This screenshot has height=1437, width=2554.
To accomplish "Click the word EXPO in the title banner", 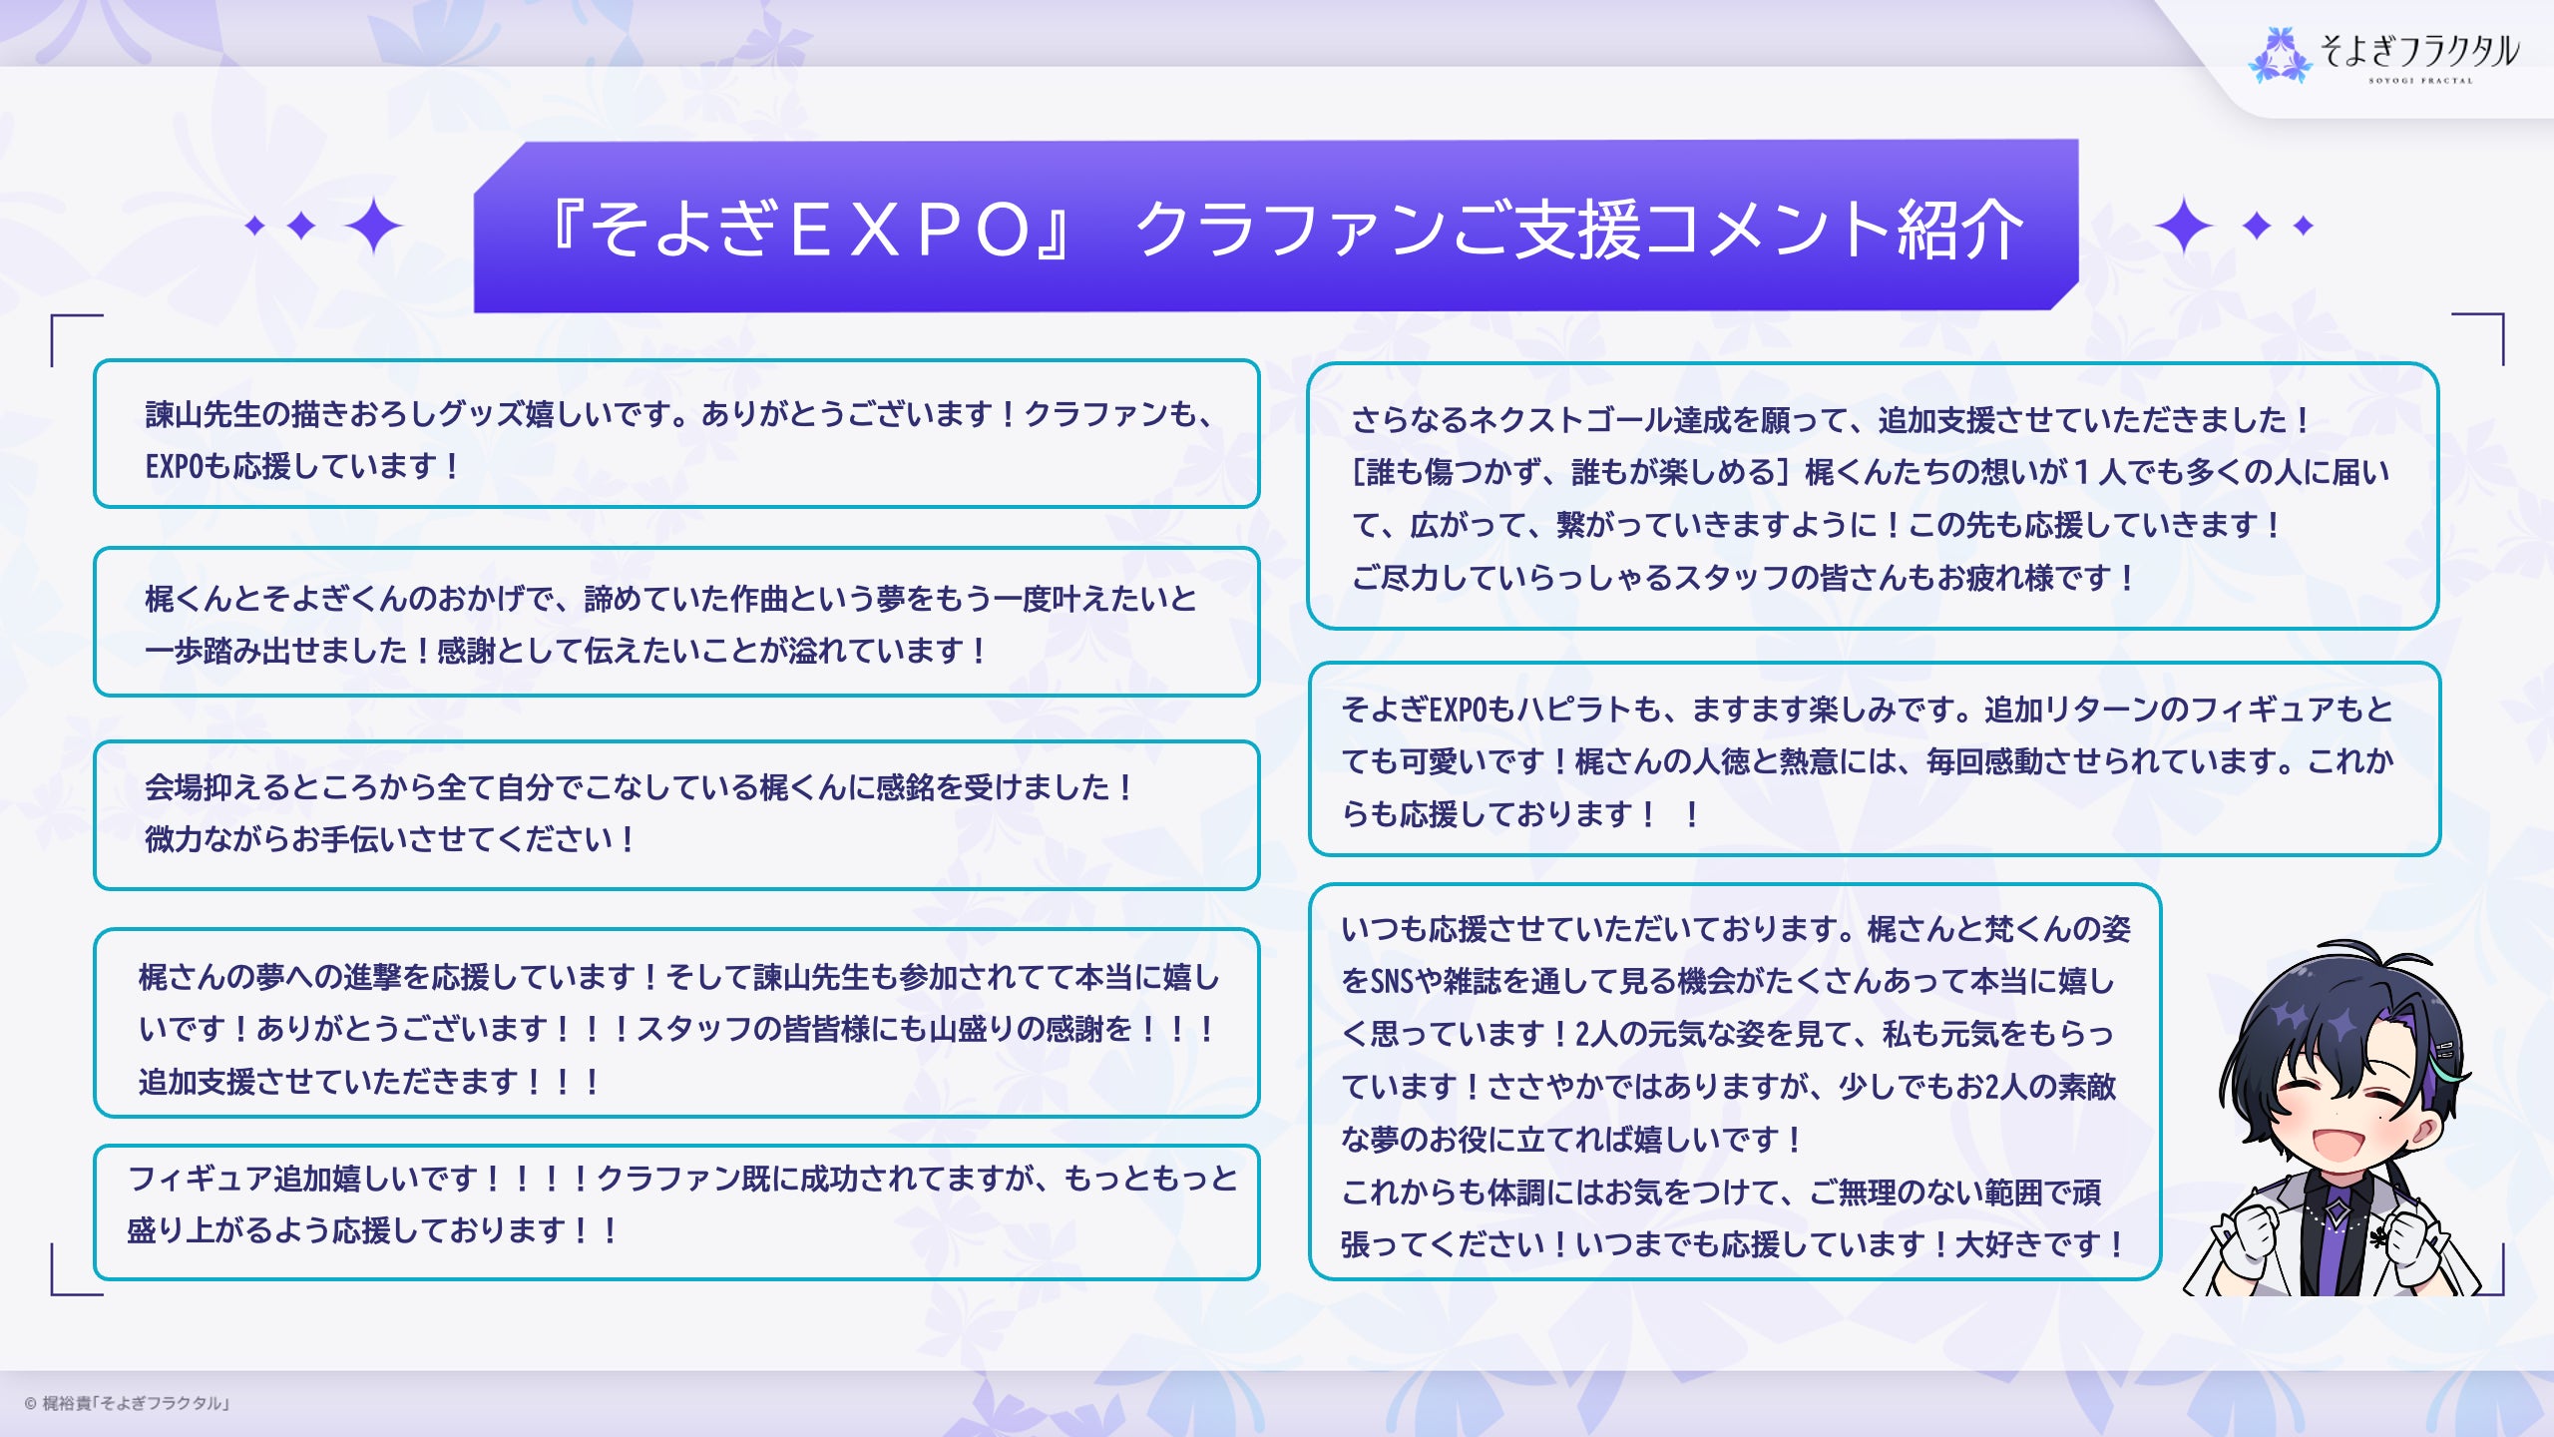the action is click(910, 230).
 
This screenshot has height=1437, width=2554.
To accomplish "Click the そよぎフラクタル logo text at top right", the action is click(2419, 51).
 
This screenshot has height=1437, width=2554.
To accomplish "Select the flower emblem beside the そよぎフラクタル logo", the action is click(2279, 55).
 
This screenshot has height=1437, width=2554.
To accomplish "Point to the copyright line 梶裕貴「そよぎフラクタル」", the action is click(136, 1403).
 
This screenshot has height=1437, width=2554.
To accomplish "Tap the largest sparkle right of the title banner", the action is click(2184, 226).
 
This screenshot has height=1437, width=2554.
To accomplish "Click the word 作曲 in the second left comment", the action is click(759, 599).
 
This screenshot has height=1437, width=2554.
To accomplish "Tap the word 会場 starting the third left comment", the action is click(174, 787).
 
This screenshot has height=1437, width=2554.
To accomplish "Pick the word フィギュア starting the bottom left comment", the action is click(201, 1179).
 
